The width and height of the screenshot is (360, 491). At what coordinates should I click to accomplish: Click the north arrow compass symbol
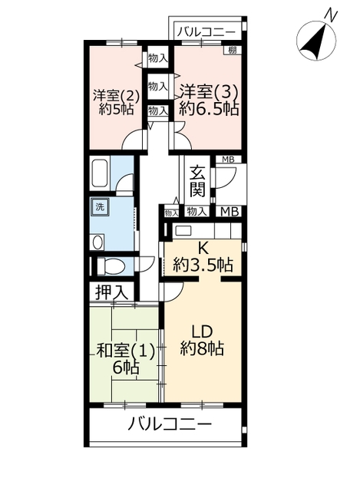(x=316, y=41)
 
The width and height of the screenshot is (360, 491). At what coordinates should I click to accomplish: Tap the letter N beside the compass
(x=332, y=15)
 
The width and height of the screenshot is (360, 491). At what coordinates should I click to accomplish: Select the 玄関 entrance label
(x=197, y=181)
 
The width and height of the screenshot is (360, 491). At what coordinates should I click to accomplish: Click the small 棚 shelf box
(x=232, y=50)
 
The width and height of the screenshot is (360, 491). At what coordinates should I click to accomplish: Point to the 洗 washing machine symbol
(x=100, y=206)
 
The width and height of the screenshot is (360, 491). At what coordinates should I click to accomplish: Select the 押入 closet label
(x=111, y=292)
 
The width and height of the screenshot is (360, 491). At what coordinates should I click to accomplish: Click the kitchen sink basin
(x=183, y=231)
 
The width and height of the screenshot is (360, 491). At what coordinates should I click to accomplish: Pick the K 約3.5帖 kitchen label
(x=203, y=258)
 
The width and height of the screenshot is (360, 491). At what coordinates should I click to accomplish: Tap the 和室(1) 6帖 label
(x=126, y=359)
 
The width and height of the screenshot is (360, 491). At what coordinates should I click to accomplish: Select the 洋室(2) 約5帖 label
(x=116, y=102)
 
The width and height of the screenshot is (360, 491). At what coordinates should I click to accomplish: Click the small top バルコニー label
(x=206, y=32)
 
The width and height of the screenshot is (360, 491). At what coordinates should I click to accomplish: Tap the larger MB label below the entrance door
(x=230, y=212)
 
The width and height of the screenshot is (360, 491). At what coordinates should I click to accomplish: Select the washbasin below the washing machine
(x=97, y=242)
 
